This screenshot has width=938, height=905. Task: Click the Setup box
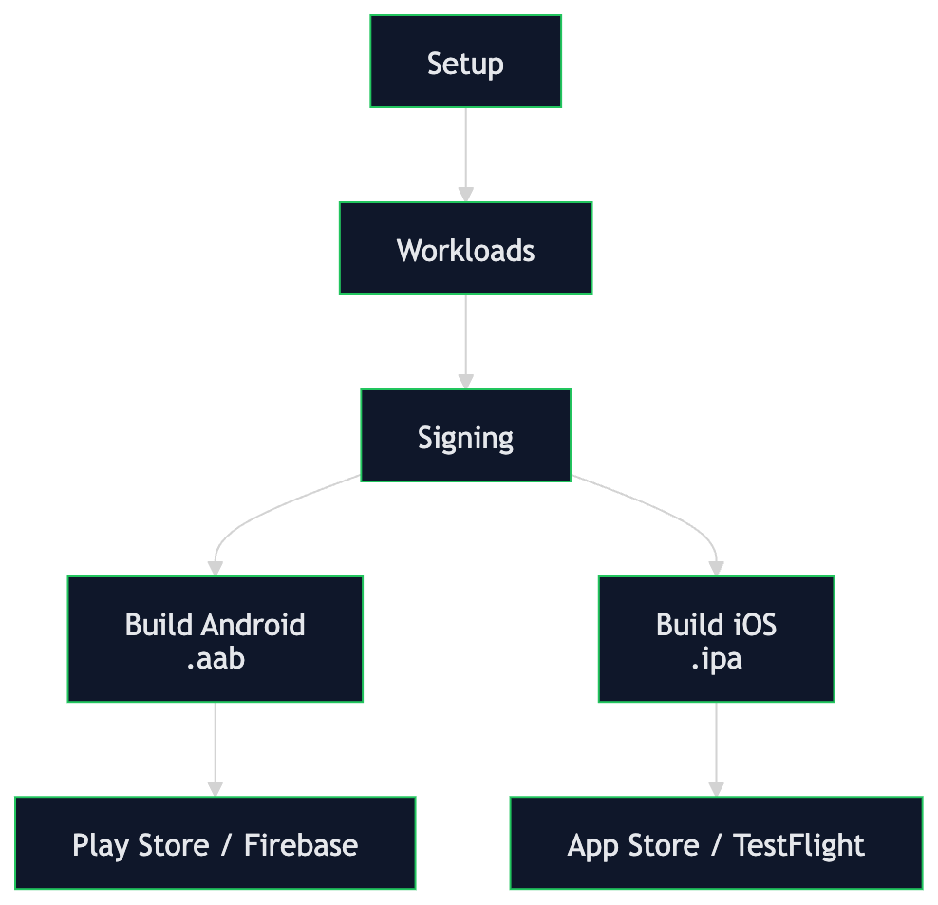point(465,62)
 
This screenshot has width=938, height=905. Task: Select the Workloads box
point(465,249)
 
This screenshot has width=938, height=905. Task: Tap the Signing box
point(465,436)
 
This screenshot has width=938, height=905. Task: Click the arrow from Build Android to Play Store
point(216,745)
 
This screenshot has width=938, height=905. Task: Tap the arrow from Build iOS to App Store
point(716,745)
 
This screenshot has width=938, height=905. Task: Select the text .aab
point(216,657)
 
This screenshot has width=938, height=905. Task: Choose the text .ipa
point(716,657)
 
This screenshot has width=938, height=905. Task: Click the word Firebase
point(301,845)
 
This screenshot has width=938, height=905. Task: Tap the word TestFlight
point(798,845)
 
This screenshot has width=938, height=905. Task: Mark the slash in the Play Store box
point(225,845)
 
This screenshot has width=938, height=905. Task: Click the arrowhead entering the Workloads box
point(465,194)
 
